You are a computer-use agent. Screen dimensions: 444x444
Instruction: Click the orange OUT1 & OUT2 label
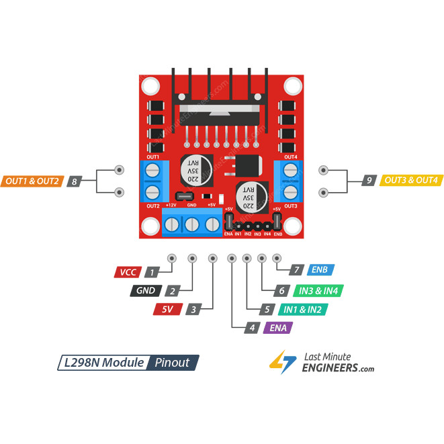coord(33,181)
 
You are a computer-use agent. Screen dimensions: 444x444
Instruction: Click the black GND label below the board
coord(146,292)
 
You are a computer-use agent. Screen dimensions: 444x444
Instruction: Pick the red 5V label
coord(167,310)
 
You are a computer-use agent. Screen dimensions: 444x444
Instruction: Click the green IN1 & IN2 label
coord(302,310)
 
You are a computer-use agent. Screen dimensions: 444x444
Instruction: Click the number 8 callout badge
coord(75,181)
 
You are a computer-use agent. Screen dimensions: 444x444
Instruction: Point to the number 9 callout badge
coord(369,181)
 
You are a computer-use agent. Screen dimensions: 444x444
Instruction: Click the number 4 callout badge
coord(251,328)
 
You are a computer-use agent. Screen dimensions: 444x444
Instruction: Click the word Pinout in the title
coord(172,363)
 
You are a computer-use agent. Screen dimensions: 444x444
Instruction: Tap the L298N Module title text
coord(101,363)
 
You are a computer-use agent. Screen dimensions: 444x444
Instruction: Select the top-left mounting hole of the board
coord(151,86)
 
